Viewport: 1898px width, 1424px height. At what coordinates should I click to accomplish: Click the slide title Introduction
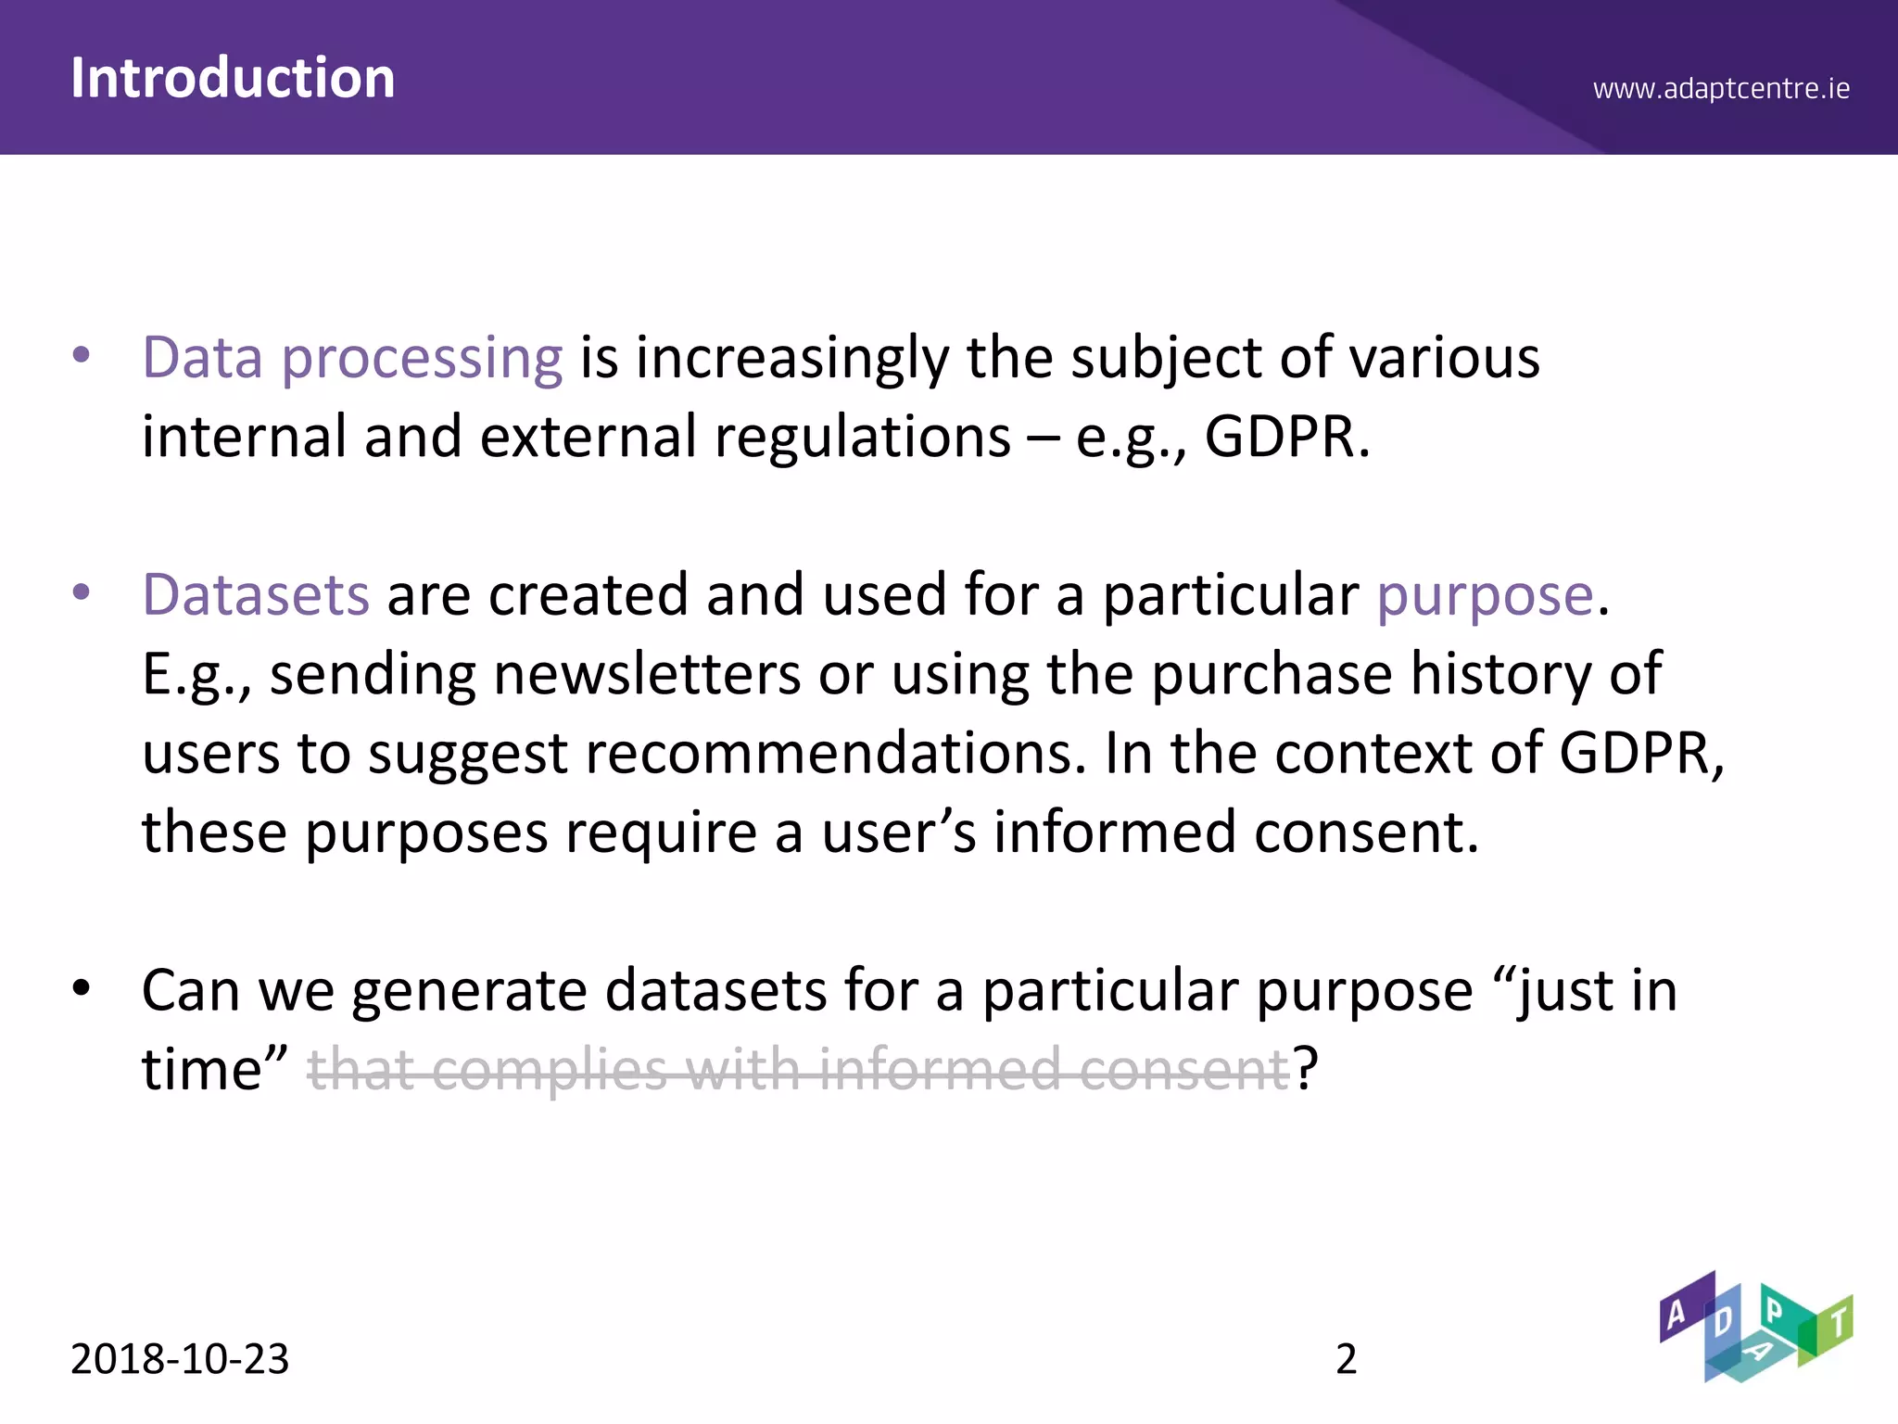(x=233, y=78)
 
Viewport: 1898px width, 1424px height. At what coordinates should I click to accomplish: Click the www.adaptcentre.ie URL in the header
(x=1721, y=89)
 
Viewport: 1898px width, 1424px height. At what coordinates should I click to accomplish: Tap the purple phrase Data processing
(x=352, y=358)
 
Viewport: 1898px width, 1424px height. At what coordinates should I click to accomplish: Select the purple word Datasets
(x=256, y=594)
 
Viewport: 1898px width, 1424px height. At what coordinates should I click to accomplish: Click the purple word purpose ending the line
(x=1484, y=596)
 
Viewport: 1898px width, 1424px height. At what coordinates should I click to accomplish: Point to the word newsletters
(x=647, y=674)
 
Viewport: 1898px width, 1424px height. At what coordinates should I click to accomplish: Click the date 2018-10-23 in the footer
(x=180, y=1359)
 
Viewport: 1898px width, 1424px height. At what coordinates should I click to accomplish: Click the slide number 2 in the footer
(x=1346, y=1359)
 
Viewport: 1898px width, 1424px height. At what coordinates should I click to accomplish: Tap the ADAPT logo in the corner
(x=1754, y=1327)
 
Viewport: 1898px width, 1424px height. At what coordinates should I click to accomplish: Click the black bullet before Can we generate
(x=82, y=988)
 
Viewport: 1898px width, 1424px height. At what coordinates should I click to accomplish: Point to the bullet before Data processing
(x=82, y=355)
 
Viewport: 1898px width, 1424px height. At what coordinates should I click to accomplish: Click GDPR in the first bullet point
(x=1284, y=438)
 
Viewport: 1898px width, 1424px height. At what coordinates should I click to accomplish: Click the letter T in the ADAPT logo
(x=1838, y=1320)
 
